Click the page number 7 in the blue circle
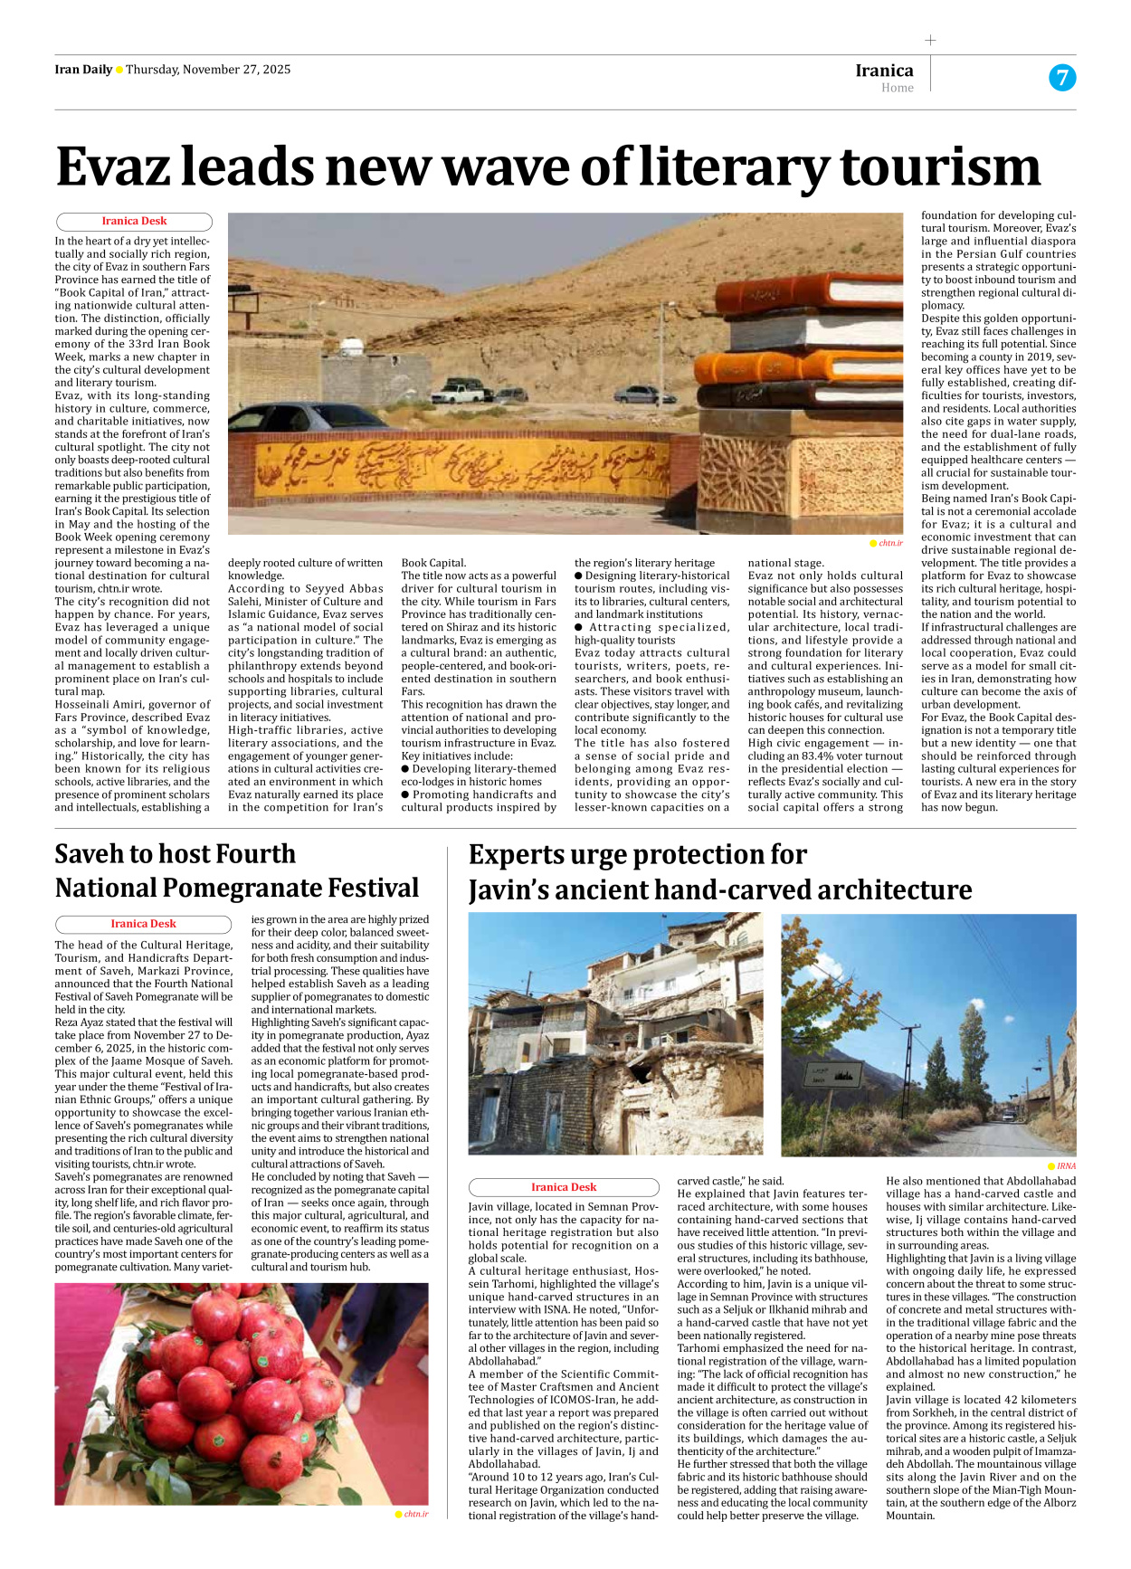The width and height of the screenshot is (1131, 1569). coord(1062,78)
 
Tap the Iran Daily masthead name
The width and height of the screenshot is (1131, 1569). coord(83,70)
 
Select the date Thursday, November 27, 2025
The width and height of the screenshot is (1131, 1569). coord(208,70)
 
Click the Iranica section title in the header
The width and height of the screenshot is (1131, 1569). coord(884,71)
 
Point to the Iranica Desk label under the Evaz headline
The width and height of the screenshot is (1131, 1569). coord(134,221)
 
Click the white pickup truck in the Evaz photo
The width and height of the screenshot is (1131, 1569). coord(461,392)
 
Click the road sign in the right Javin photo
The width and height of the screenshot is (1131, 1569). coord(832,1076)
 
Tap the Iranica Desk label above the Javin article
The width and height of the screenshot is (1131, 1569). coord(564,1187)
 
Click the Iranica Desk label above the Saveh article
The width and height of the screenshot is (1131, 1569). coord(143,924)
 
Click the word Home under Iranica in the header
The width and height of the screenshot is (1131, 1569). coord(897,88)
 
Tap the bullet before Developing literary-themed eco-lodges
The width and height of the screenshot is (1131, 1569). coord(405,768)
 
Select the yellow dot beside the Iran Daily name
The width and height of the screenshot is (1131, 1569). coord(119,70)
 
